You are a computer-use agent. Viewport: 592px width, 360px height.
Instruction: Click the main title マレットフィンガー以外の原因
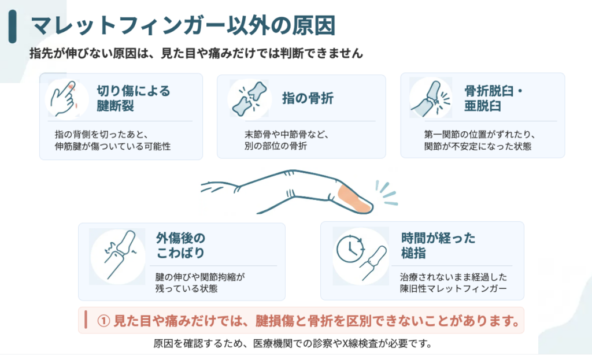pos(183,25)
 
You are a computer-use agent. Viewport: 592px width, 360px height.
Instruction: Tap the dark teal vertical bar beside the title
pos(13,27)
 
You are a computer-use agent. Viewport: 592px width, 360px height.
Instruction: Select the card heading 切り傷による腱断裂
pos(134,98)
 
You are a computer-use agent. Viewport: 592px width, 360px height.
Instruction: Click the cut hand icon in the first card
pos(65,98)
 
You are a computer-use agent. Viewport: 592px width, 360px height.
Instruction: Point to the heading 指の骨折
pos(308,98)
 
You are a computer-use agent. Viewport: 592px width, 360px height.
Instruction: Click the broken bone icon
pos(250,99)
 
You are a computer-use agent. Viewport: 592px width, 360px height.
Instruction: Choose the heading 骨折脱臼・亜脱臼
pos(493,98)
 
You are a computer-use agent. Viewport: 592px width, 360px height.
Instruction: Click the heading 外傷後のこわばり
pos(180,245)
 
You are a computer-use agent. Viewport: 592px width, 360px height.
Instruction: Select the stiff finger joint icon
pos(119,256)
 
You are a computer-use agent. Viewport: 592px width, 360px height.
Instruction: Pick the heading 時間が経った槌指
pos(438,245)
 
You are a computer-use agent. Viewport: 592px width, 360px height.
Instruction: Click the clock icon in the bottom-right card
pos(350,248)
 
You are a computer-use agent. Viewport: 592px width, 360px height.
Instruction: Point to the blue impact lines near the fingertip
pos(386,192)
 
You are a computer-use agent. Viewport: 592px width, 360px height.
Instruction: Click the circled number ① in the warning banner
pos(103,321)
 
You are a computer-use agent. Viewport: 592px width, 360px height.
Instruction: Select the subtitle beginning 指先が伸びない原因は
pos(197,53)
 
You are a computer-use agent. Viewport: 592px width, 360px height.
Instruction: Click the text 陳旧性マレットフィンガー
pos(453,289)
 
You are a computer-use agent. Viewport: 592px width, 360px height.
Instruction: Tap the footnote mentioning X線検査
pos(292,343)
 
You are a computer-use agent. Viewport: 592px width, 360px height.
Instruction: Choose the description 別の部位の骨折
pos(276,146)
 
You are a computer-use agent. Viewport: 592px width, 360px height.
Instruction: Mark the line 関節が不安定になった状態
pos(478,146)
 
